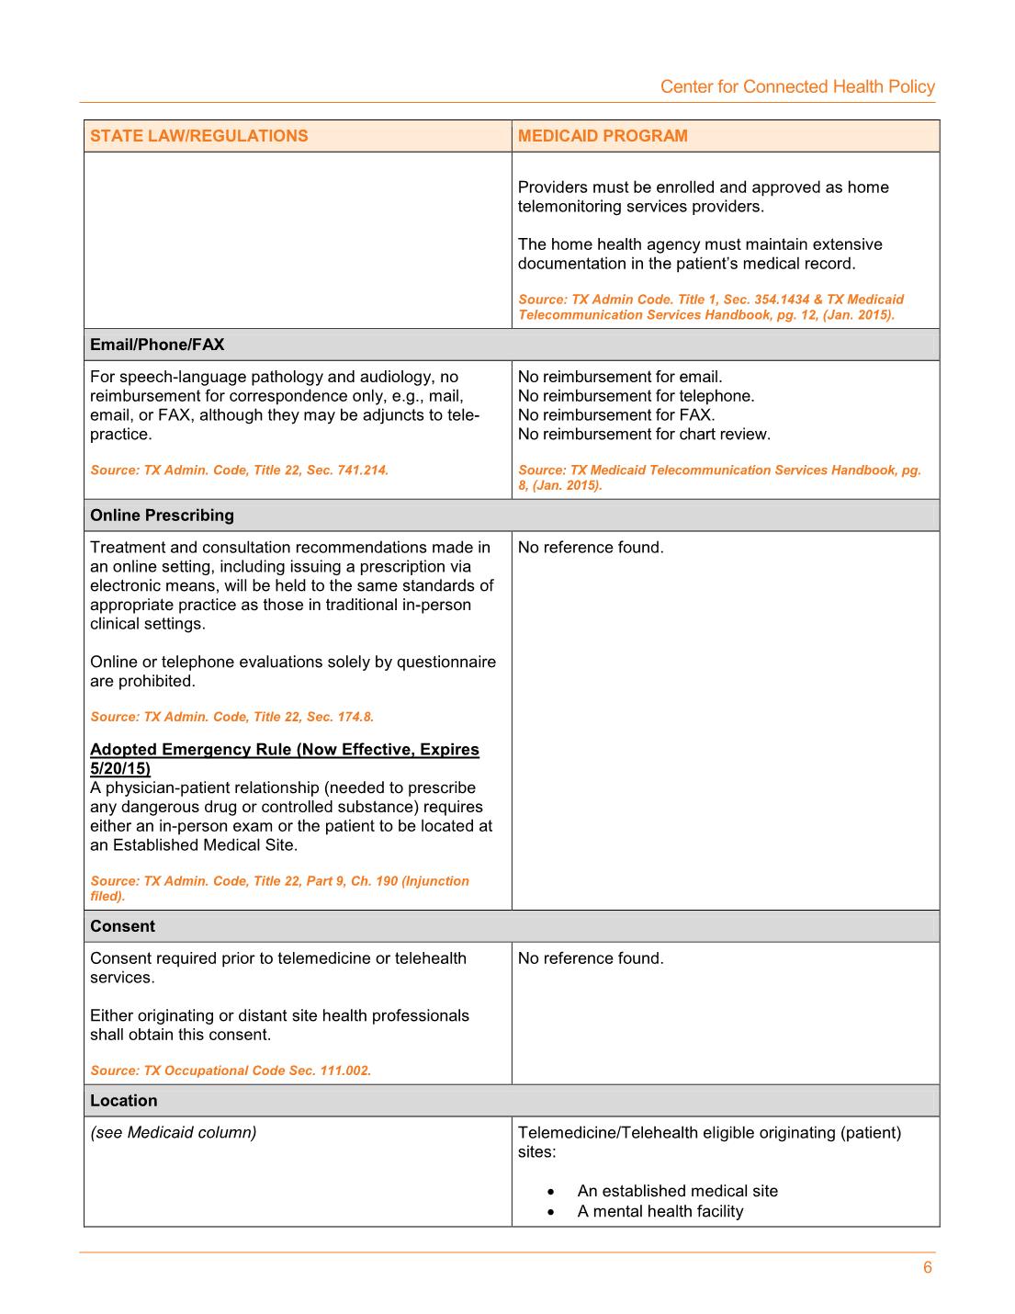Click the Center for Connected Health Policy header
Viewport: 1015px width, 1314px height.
tap(797, 86)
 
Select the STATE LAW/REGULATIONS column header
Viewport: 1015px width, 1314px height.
tap(199, 136)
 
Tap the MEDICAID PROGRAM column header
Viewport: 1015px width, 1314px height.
tap(603, 136)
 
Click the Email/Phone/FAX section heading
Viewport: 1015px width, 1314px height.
tap(157, 345)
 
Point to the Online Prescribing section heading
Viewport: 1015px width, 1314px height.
tap(162, 515)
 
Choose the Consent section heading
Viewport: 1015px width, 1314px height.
tap(122, 926)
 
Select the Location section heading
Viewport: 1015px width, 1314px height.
tap(123, 1101)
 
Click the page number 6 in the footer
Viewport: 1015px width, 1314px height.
tap(928, 1268)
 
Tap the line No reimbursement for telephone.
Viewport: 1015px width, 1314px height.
tap(636, 396)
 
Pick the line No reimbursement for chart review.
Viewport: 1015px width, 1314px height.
tap(644, 434)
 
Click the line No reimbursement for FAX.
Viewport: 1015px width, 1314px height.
tap(616, 415)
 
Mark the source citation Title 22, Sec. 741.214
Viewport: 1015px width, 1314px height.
tap(239, 470)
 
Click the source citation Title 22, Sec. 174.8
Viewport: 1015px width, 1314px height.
tap(231, 717)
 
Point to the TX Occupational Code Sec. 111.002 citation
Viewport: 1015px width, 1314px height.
tap(231, 1070)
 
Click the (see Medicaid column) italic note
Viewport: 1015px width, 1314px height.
tap(173, 1133)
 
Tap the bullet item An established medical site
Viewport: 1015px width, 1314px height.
tap(677, 1191)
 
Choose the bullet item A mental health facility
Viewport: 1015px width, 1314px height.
tap(660, 1211)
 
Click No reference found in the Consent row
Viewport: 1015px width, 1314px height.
tap(591, 958)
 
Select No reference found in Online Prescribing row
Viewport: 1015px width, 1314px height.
tap(591, 548)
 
